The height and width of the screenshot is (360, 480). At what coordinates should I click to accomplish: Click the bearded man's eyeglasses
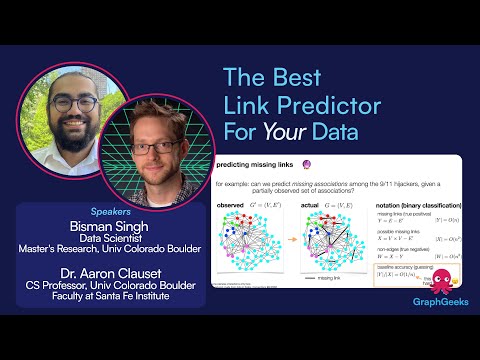(72, 104)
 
